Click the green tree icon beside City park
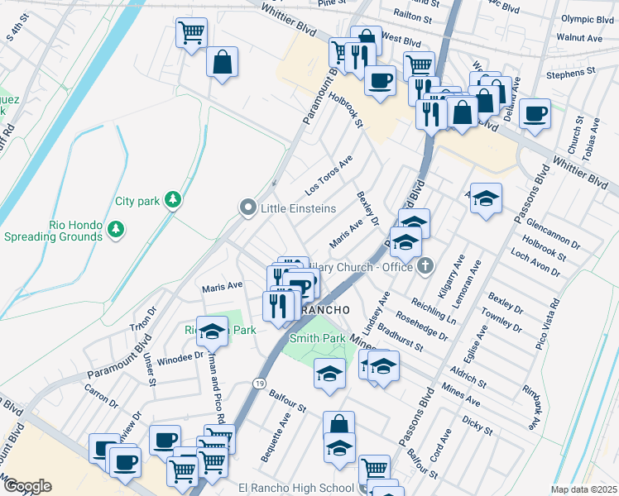click(173, 200)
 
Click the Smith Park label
click(317, 338)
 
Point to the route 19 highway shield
click(259, 384)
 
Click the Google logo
click(26, 486)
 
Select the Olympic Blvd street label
click(585, 41)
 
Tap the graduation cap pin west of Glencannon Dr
click(487, 198)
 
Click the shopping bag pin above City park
click(223, 62)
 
